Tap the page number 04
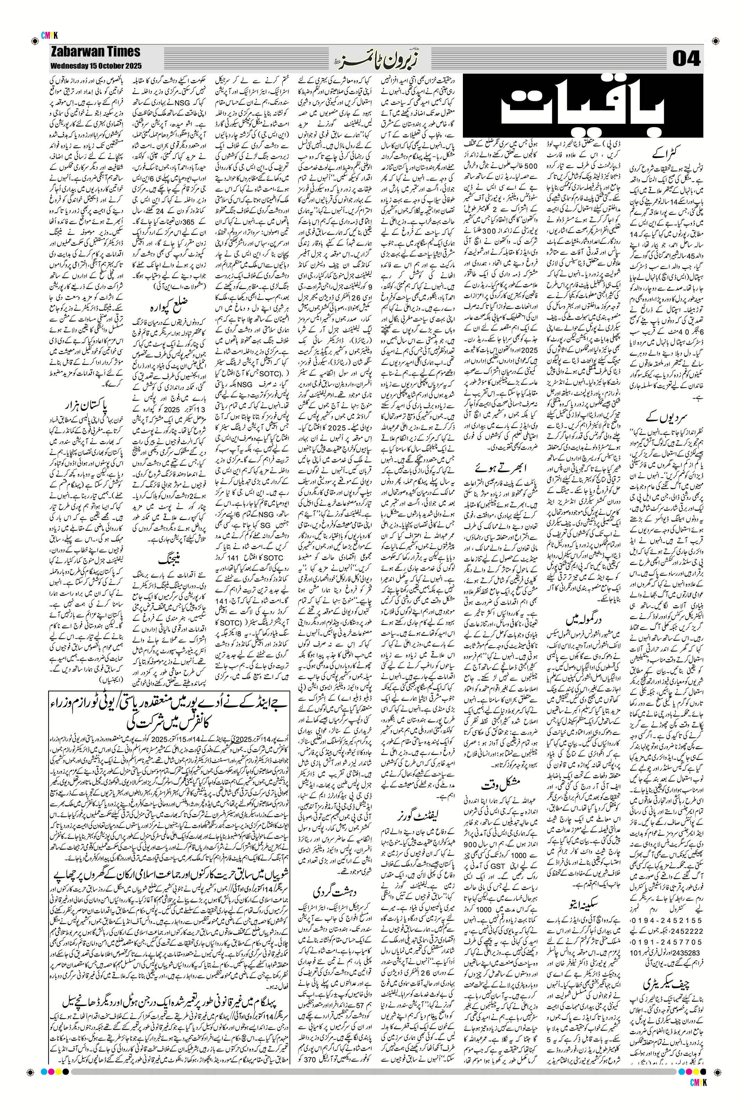click(x=686, y=59)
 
